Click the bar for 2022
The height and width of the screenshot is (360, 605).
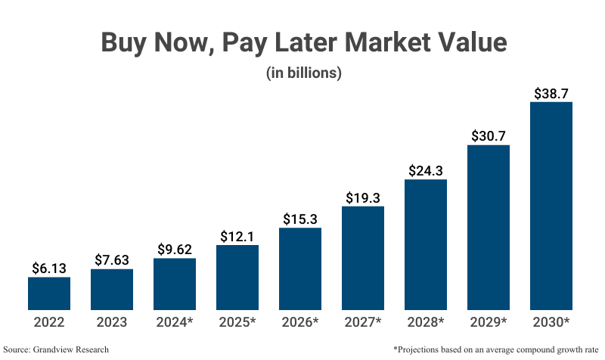[49, 293]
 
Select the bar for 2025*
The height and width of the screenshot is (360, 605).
[237, 278]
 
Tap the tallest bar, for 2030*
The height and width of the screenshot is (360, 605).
[551, 206]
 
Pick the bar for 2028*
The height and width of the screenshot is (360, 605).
[426, 244]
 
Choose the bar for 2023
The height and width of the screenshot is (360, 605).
[112, 290]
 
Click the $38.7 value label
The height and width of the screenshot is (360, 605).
[551, 94]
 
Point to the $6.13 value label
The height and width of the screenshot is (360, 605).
[49, 268]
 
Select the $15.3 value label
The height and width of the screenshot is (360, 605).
[300, 219]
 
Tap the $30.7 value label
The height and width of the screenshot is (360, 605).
[489, 136]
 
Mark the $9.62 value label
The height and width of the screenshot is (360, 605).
[175, 250]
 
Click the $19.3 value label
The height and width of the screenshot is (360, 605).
[363, 197]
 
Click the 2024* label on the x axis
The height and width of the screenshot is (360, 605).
[175, 322]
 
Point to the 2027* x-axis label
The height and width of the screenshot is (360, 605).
[363, 322]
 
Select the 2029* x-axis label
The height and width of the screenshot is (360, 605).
[489, 322]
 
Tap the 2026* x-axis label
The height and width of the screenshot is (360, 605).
[300, 322]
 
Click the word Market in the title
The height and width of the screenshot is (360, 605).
[390, 42]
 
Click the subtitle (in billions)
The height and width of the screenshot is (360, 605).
[303, 74]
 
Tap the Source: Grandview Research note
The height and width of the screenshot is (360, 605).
[56, 349]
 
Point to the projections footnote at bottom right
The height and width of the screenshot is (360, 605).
[496, 349]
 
